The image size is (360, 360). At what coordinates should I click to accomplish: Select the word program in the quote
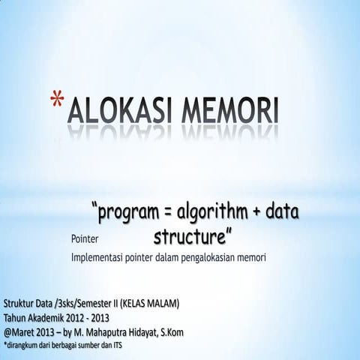133,215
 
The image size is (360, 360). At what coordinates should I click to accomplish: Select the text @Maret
19,331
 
